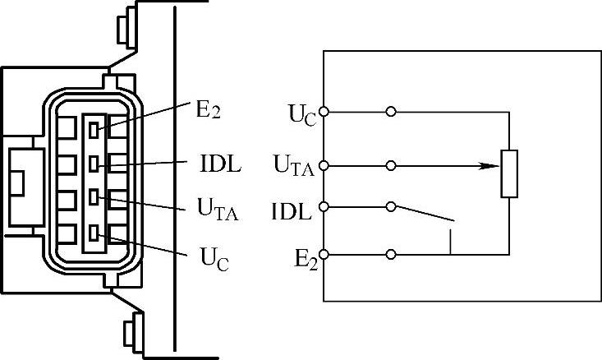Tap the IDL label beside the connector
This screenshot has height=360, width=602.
tap(220, 163)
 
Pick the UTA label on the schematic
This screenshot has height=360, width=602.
tap(293, 168)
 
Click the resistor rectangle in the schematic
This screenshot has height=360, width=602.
tap(509, 174)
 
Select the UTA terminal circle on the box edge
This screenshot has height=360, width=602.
tap(325, 166)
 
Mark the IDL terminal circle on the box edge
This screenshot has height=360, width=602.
tap(325, 206)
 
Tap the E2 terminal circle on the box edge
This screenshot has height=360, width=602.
tap(325, 254)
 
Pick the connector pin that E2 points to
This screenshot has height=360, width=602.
tap(95, 127)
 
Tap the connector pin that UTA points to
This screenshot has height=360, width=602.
tap(95, 197)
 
